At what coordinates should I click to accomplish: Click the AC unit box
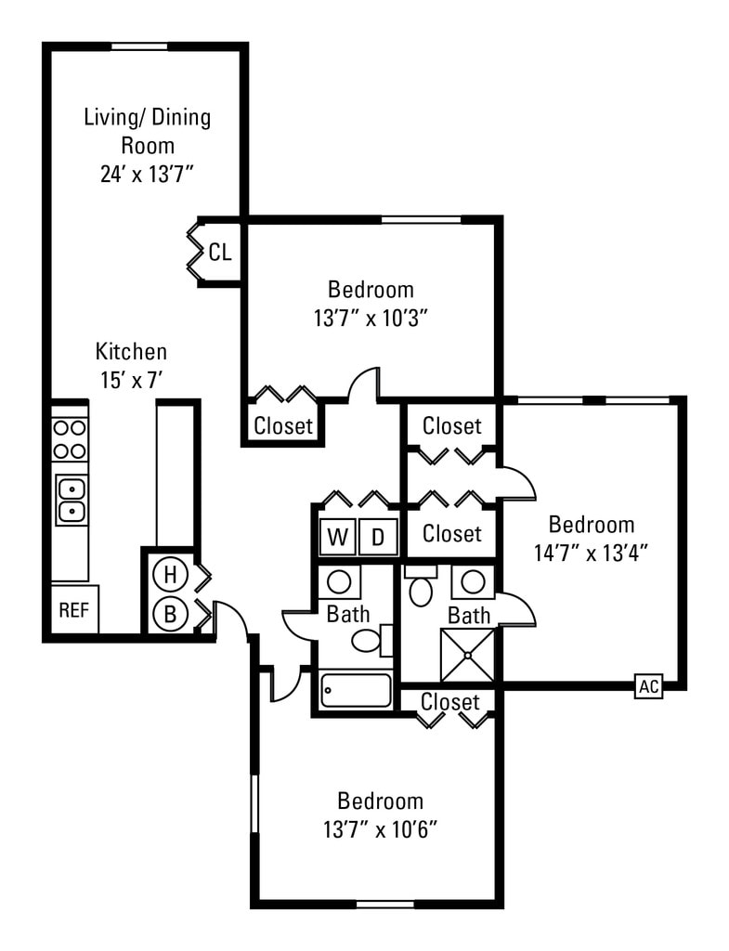pyautogui.click(x=648, y=686)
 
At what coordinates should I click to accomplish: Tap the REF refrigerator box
pyautogui.click(x=73, y=609)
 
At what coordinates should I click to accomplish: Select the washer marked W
pyautogui.click(x=337, y=537)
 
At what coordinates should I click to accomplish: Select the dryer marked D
pyautogui.click(x=378, y=537)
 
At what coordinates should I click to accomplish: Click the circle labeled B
pyautogui.click(x=170, y=613)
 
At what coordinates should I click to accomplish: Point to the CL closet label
pyautogui.click(x=220, y=252)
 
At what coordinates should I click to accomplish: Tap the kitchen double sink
pyautogui.click(x=72, y=500)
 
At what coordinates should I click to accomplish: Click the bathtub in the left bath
pyautogui.click(x=357, y=690)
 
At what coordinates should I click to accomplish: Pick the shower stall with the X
pyautogui.click(x=469, y=655)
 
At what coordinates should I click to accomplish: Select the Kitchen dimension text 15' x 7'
pyautogui.click(x=132, y=379)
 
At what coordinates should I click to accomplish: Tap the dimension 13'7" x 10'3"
pyautogui.click(x=370, y=318)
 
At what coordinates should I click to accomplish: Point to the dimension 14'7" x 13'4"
pyautogui.click(x=591, y=552)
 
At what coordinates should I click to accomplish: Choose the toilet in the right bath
pyautogui.click(x=421, y=588)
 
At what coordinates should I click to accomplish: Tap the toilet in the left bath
pyautogui.click(x=369, y=640)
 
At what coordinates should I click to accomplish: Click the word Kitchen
pyautogui.click(x=132, y=352)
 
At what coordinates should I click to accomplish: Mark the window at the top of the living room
pyautogui.click(x=140, y=46)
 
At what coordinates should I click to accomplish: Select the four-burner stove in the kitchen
pyautogui.click(x=70, y=439)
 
